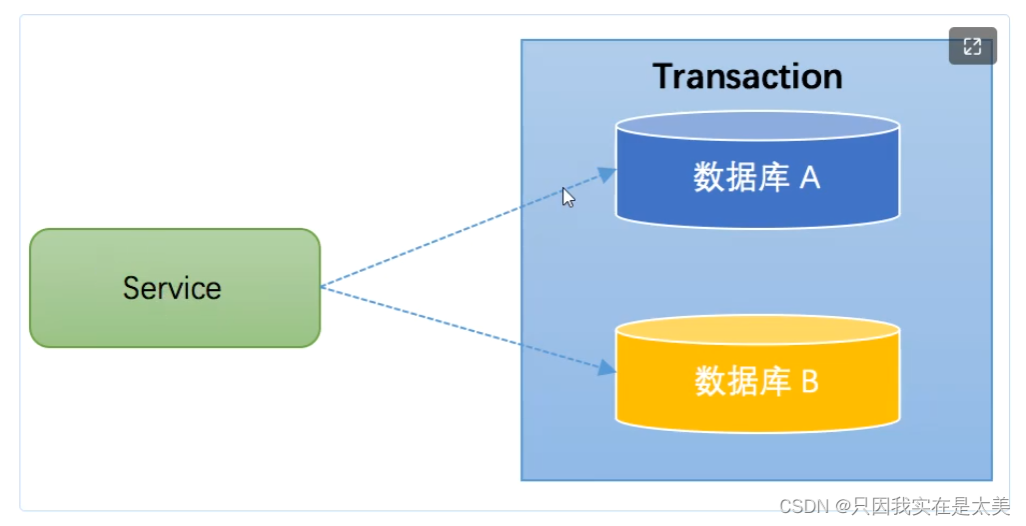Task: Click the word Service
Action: [x=172, y=288]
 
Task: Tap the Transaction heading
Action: [x=747, y=76]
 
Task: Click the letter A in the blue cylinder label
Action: [x=809, y=178]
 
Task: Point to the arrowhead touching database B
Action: [x=606, y=368]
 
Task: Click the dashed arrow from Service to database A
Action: [x=460, y=232]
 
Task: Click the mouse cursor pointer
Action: [x=566, y=196]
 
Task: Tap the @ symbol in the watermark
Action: [x=842, y=506]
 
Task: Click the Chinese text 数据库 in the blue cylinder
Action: [x=738, y=178]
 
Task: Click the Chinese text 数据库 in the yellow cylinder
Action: [x=738, y=381]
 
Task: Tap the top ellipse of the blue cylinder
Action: [x=757, y=125]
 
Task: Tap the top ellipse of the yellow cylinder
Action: [x=757, y=330]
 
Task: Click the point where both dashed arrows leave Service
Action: [x=322, y=287]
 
